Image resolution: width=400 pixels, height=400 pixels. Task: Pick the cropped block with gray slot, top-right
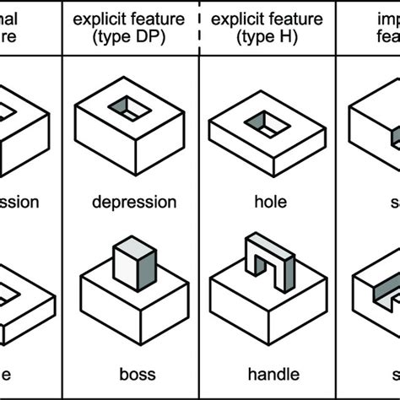coord(376,127)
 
